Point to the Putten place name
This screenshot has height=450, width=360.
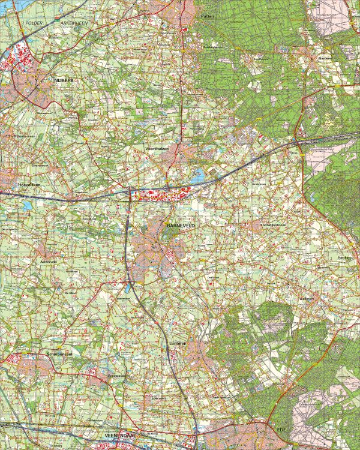[208, 17]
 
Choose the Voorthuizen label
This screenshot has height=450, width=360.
[157, 146]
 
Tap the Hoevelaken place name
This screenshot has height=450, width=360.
[29, 185]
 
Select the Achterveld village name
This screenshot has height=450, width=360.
[50, 262]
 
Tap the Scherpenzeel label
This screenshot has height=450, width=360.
[59, 355]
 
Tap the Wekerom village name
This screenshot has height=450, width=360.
[307, 298]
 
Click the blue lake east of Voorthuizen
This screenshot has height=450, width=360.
[198, 175]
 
